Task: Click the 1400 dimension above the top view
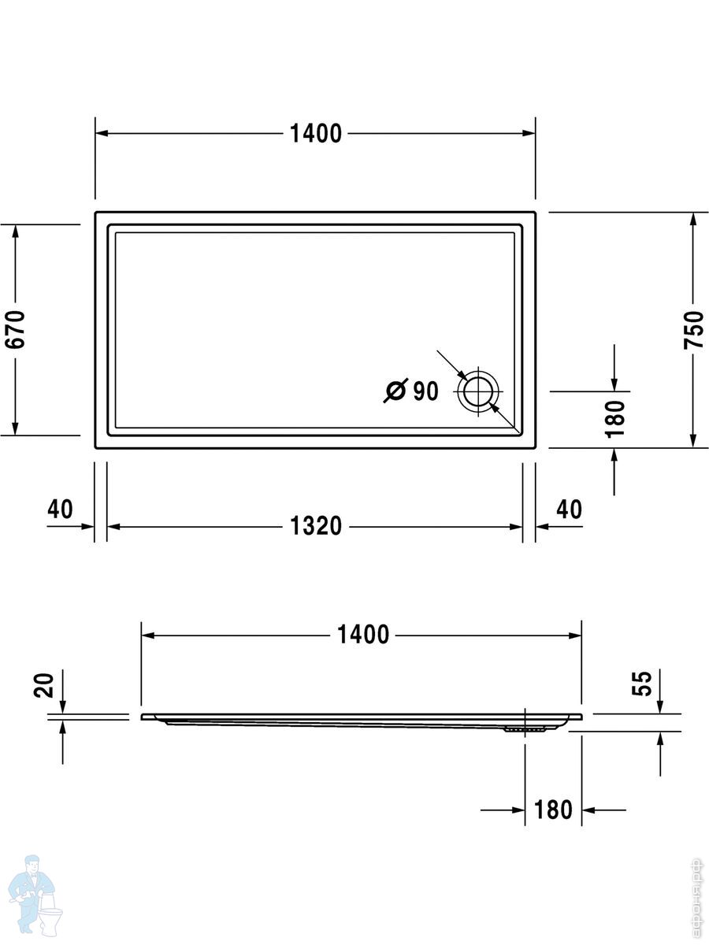click(316, 133)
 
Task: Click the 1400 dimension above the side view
click(363, 635)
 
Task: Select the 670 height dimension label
click(15, 329)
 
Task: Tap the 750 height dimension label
click(693, 330)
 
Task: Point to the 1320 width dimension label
click(316, 526)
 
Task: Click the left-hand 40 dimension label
click(61, 510)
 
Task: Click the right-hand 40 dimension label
click(569, 510)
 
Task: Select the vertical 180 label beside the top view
click(614, 419)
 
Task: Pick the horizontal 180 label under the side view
click(553, 810)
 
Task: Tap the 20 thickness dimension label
click(43, 685)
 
